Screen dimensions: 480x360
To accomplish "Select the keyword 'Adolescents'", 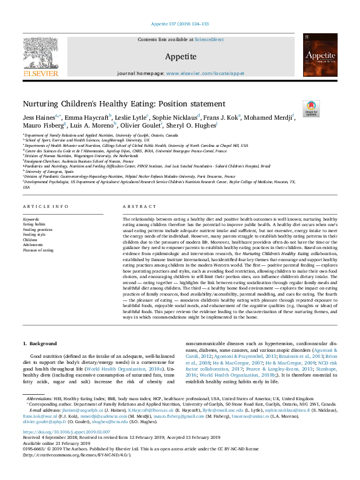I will pyautogui.click(x=34, y=244).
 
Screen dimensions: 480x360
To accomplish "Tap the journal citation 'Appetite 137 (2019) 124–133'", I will pyautogui.click(x=180, y=24).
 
